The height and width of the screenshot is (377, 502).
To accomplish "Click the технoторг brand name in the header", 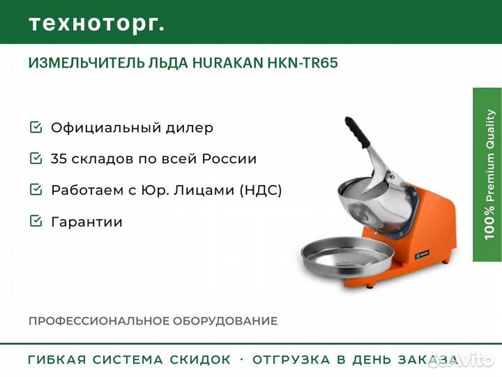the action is [97, 24].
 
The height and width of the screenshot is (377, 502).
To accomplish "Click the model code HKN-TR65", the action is [303, 63].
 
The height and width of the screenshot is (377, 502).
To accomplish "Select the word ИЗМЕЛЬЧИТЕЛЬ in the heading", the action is [86, 63].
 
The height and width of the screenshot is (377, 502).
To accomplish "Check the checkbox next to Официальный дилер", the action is [36, 127].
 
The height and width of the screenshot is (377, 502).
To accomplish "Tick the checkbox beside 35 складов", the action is [36, 158].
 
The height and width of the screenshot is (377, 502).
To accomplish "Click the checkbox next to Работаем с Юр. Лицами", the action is [36, 189].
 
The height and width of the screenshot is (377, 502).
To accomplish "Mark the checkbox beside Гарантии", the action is [36, 221].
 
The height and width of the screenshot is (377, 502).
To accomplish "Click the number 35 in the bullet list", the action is [59, 158].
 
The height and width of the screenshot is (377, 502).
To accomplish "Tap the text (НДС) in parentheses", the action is [261, 190].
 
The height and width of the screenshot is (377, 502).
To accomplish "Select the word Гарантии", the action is [86, 221].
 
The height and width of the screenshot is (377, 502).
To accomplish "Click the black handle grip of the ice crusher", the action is [357, 132].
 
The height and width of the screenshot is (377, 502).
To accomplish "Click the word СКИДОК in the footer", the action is [200, 360].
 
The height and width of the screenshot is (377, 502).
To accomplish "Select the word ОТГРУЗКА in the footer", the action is [291, 360].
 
